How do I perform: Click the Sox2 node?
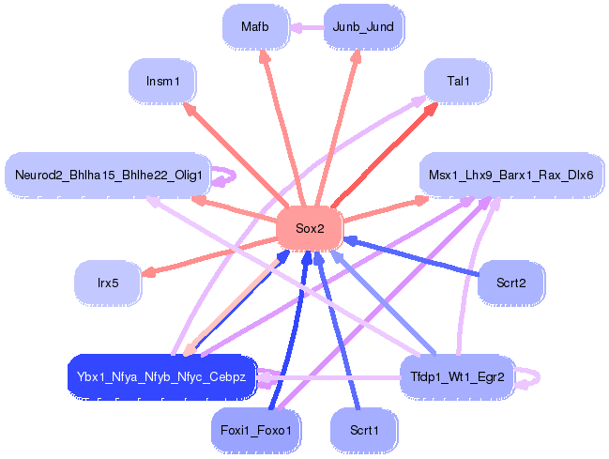tap(310, 228)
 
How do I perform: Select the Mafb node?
tap(255, 27)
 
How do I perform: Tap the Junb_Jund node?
tap(363, 27)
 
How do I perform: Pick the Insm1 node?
tap(162, 82)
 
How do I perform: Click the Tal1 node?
tap(458, 82)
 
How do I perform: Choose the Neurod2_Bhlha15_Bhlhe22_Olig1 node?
tap(108, 175)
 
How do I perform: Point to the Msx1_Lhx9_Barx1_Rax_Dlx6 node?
tap(511, 175)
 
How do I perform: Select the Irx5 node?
tap(108, 283)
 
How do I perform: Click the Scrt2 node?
tap(511, 283)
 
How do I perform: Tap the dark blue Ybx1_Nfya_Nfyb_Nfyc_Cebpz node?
tap(162, 377)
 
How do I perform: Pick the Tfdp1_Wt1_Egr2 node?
tap(458, 377)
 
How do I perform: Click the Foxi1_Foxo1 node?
tap(256, 431)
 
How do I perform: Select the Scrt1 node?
tap(364, 431)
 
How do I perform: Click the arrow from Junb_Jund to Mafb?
tap(307, 27)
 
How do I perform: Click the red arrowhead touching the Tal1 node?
tap(430, 109)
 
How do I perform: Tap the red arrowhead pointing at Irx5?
tap(148, 273)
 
